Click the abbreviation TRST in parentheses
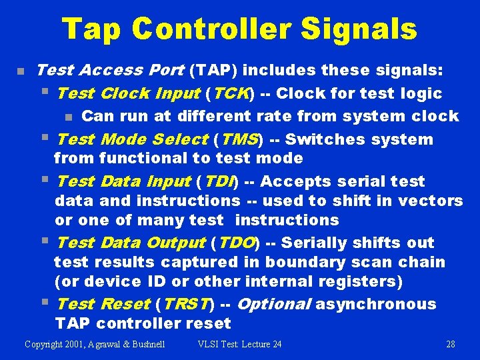(x=184, y=304)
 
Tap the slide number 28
(x=450, y=344)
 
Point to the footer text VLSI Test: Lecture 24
(x=239, y=344)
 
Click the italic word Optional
(x=273, y=304)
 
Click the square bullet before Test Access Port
(x=21, y=71)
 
